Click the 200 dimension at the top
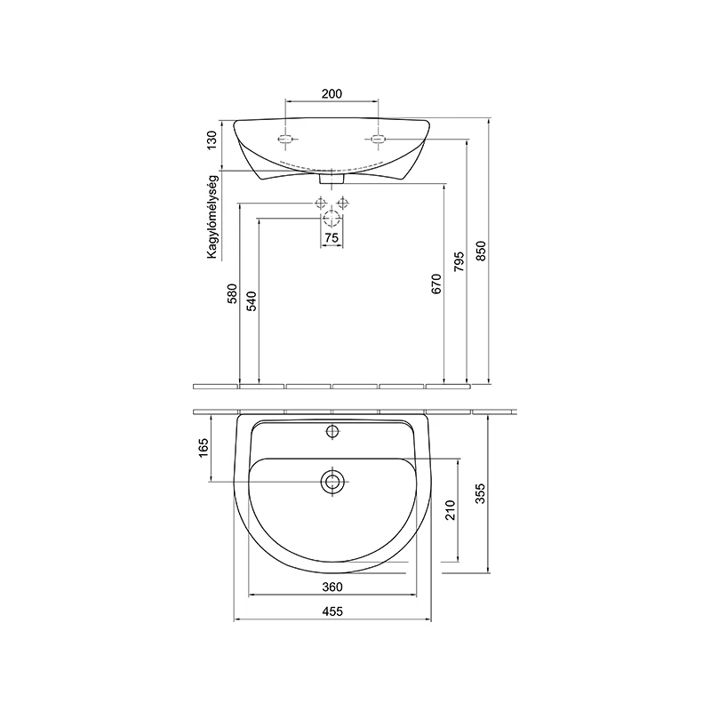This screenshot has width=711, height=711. [332, 94]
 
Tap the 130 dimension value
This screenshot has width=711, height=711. [212, 140]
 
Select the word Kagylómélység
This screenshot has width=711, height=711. [212, 217]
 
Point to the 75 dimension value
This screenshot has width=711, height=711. [332, 238]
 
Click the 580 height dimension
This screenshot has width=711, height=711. [232, 293]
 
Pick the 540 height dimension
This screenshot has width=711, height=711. [252, 301]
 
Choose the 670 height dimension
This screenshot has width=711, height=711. [436, 284]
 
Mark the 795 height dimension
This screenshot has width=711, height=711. [459, 261]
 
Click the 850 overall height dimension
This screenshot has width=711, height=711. [481, 251]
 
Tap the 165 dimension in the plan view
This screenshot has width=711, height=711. [204, 448]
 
